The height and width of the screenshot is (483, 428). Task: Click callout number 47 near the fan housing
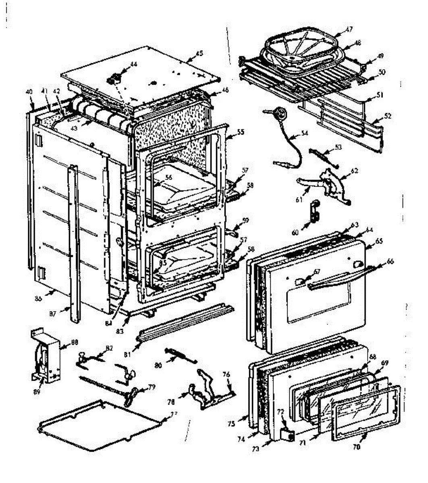click(x=349, y=29)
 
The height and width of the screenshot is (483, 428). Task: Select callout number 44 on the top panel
click(x=133, y=64)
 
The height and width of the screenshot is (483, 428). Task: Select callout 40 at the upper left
click(x=29, y=92)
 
